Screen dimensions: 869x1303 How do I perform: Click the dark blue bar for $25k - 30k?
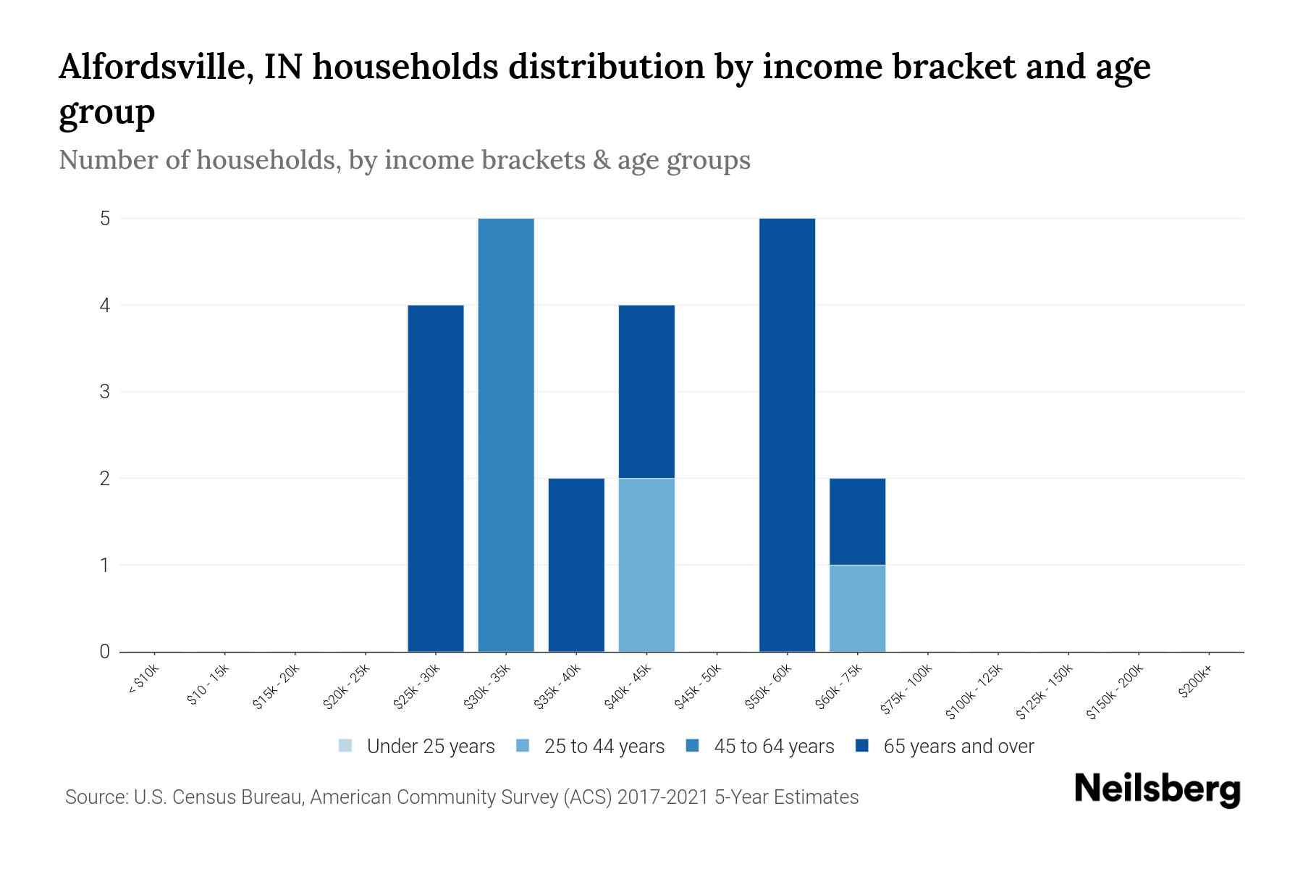(x=436, y=478)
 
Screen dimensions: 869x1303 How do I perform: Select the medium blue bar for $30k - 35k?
(x=506, y=434)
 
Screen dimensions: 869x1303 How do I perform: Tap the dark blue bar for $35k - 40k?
(x=576, y=565)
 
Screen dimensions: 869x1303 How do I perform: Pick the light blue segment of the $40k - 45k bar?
(x=646, y=565)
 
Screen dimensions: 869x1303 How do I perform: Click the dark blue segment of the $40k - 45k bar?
(x=646, y=391)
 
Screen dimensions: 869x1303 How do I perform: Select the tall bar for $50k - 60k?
(x=787, y=434)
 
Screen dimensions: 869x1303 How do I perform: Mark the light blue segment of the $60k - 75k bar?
(x=857, y=608)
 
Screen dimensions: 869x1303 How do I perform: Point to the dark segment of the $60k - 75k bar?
(x=857, y=521)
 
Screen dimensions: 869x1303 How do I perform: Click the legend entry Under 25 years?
(x=417, y=747)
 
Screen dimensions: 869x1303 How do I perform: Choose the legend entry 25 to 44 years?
(x=591, y=747)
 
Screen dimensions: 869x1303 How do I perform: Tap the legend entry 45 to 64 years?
(x=760, y=747)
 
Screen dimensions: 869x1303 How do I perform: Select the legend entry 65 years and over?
(x=945, y=747)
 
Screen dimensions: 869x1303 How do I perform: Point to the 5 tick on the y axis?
(x=105, y=219)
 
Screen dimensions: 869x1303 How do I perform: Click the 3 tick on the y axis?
(x=105, y=392)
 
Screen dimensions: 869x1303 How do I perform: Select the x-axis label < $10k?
(x=143, y=681)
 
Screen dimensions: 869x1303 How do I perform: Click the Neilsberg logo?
(x=1157, y=790)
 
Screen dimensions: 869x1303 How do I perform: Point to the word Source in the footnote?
(x=94, y=797)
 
